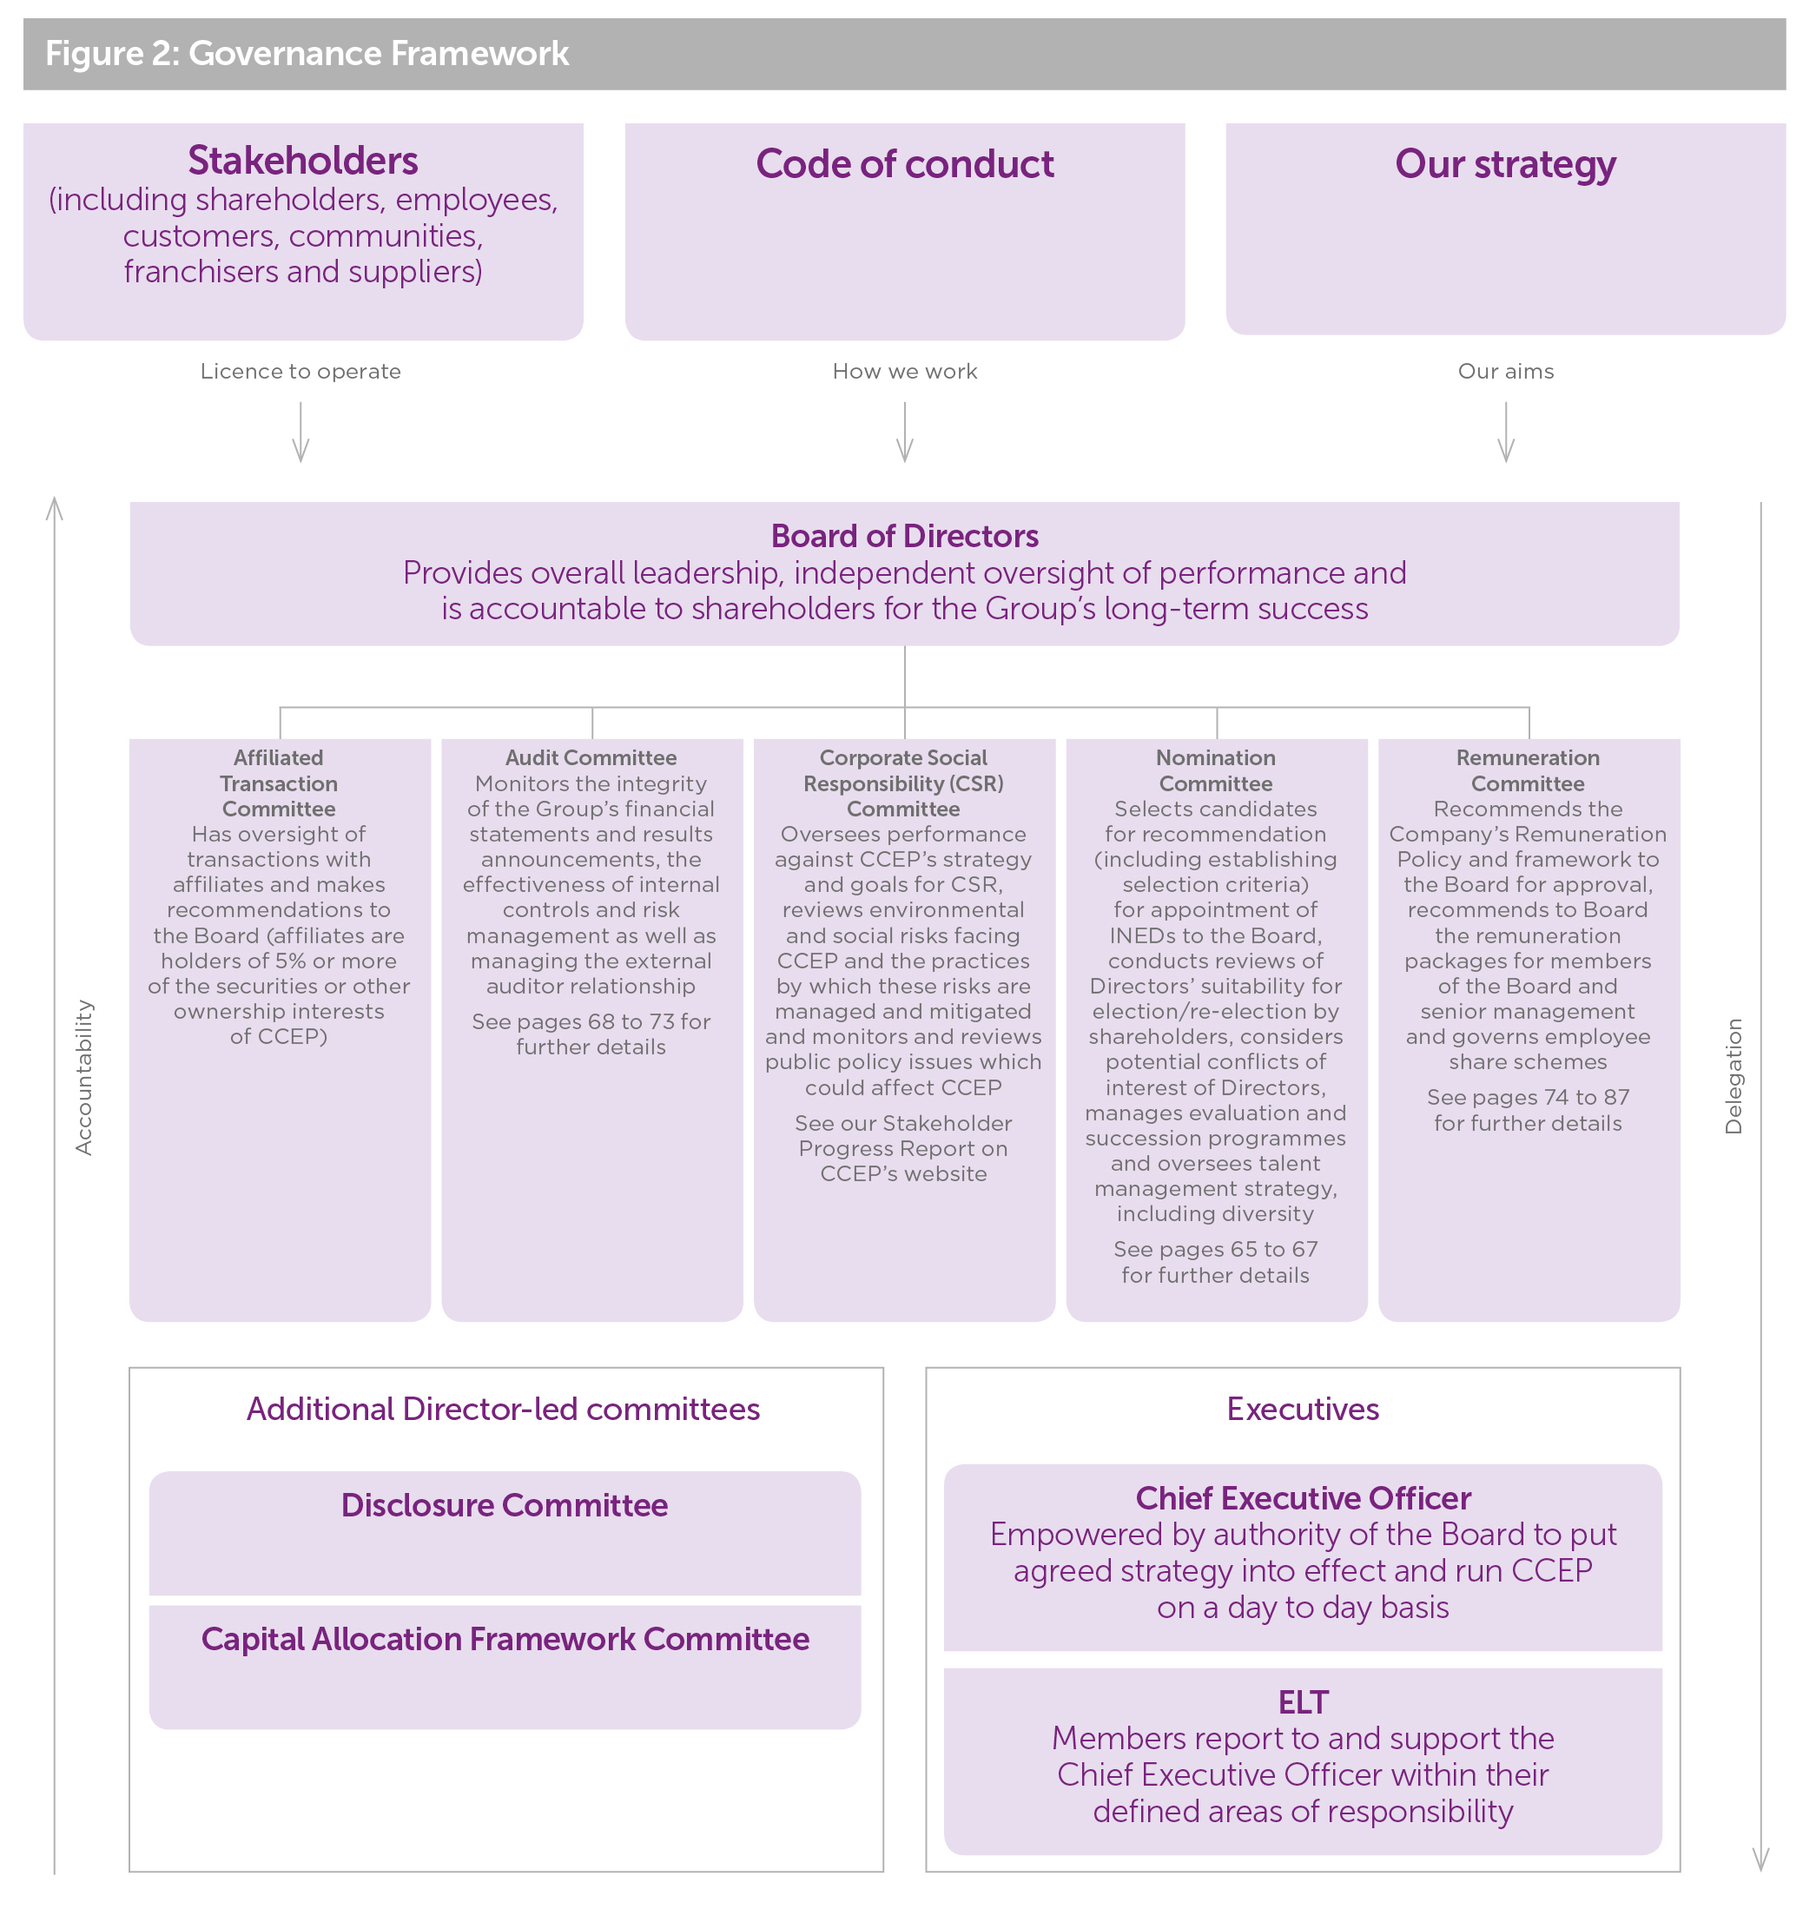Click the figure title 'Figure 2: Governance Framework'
[x=307, y=54]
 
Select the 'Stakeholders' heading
[x=303, y=161]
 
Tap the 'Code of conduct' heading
[x=904, y=164]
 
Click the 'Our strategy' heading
[x=1505, y=164]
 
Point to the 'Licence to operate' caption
[x=300, y=371]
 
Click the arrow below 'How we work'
[x=904, y=433]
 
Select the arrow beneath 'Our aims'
[x=1506, y=433]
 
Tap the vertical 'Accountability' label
[x=84, y=1077]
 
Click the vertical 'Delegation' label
[x=1733, y=1077]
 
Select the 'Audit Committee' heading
[x=591, y=757]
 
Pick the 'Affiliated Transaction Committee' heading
[x=279, y=783]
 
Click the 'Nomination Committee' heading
[x=1216, y=770]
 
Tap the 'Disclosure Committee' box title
[x=505, y=1505]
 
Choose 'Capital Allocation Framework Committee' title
[x=505, y=1639]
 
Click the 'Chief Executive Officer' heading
[x=1302, y=1498]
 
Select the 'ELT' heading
[x=1302, y=1702]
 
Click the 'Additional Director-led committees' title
[x=504, y=1409]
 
